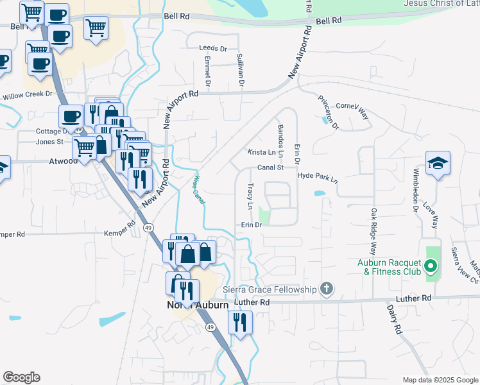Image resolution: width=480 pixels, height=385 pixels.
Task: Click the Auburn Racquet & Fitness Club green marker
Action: [431, 265]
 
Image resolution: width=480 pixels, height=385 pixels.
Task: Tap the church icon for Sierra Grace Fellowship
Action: [327, 289]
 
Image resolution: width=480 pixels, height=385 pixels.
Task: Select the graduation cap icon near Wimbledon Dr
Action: [438, 164]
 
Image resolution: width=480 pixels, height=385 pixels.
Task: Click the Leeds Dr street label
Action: [213, 48]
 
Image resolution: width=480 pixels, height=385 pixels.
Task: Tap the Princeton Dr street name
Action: [327, 112]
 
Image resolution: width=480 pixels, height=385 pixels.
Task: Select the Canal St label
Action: [271, 167]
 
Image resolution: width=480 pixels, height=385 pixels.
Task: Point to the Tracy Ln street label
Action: [250, 196]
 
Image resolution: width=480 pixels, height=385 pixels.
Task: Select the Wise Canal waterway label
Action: [200, 191]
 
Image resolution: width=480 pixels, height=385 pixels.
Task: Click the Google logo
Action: [21, 377]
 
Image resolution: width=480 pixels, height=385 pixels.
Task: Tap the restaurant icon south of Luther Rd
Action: [240, 323]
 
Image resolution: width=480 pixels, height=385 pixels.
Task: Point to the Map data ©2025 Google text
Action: [440, 380]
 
